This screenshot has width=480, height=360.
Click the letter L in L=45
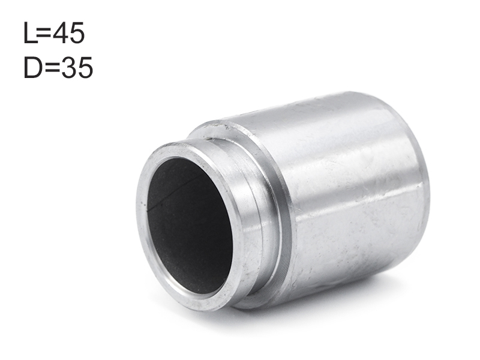click(x=30, y=33)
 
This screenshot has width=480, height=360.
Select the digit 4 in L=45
click(x=60, y=33)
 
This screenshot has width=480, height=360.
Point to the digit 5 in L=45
click(x=77, y=33)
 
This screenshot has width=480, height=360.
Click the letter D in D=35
click(x=33, y=67)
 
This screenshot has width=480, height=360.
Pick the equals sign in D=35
click(x=52, y=68)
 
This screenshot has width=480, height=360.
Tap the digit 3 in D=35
click(x=68, y=67)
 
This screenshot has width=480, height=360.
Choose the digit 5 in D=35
click(x=85, y=68)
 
